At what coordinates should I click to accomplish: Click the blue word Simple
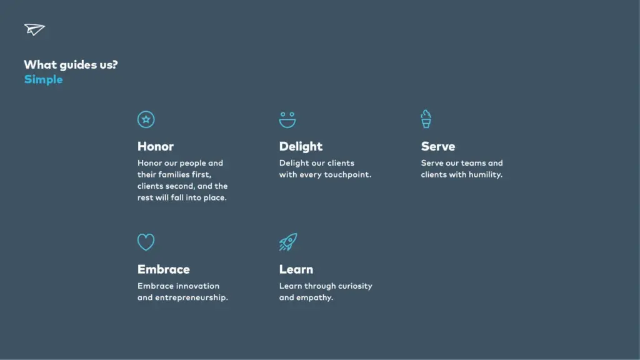[x=43, y=80]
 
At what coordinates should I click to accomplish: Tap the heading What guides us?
[x=71, y=64]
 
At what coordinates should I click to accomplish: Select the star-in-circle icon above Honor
[x=146, y=119]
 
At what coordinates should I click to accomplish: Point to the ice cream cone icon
[x=426, y=119]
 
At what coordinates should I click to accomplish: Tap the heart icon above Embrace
[x=146, y=242]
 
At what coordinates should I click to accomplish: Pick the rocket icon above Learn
[x=287, y=242]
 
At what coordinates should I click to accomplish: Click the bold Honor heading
[x=156, y=146]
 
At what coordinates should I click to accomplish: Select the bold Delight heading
[x=301, y=146]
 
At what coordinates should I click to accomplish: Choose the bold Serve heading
[x=438, y=146]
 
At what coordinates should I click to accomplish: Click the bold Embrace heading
[x=164, y=269]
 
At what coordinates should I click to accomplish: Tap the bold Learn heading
[x=296, y=269]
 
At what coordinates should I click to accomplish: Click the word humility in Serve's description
[x=485, y=175]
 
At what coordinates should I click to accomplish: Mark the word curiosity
[x=355, y=286]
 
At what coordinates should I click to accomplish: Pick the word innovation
[x=197, y=286]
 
